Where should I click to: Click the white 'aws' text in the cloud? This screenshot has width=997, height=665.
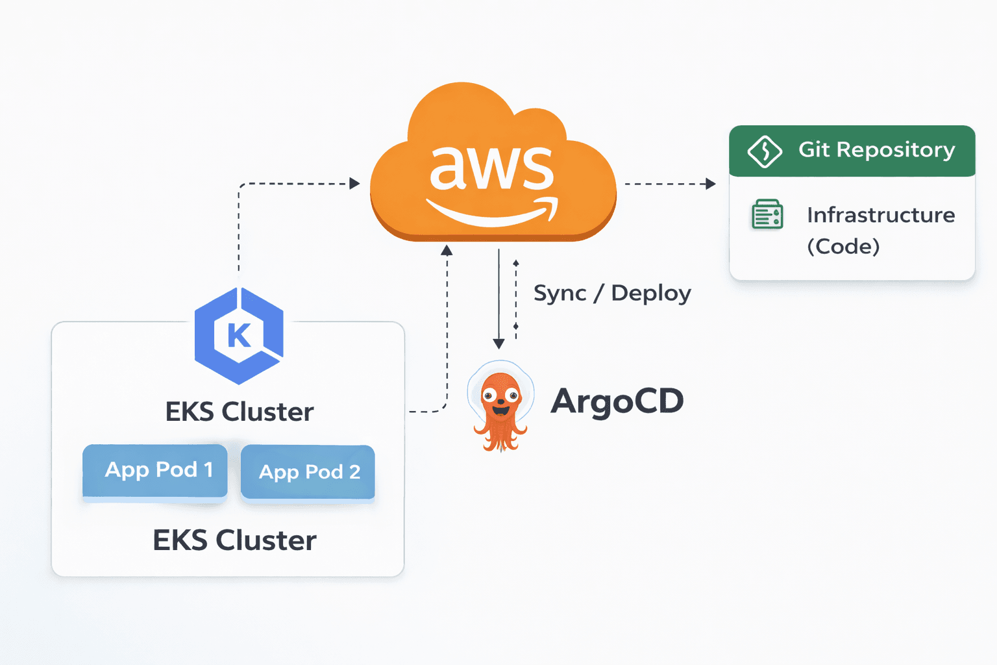point(491,168)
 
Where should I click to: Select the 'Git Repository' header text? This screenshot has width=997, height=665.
point(876,150)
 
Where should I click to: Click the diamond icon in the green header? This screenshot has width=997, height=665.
point(765,151)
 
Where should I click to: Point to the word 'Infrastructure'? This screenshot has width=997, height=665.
point(880,215)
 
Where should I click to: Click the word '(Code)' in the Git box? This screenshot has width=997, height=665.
point(843,247)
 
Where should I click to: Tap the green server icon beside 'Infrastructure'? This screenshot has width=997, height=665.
point(767,215)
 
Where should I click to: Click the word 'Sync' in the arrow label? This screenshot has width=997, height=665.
point(560,294)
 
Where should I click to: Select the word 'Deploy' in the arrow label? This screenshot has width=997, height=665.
point(651,294)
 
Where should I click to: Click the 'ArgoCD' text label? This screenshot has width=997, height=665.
point(617,401)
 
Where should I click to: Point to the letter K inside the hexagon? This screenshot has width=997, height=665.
point(239,336)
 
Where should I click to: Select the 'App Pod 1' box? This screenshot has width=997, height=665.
point(155,470)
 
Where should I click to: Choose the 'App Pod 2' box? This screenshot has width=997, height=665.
point(308,472)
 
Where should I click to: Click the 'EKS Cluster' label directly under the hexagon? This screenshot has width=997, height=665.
point(239,412)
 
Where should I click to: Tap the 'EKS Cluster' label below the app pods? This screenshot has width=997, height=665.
point(234,540)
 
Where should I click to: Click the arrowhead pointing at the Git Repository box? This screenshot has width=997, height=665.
point(711,184)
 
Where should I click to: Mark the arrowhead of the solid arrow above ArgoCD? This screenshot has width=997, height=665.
point(498,344)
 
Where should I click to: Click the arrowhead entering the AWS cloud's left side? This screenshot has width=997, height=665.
point(354,184)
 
